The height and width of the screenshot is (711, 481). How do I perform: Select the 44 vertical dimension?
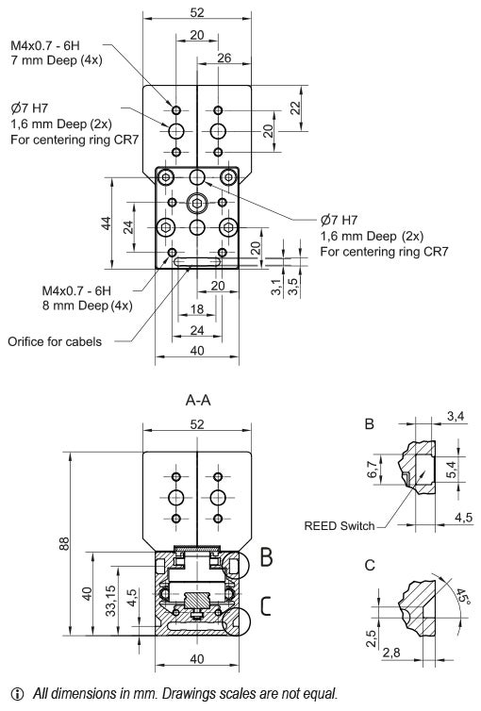tap(108, 223)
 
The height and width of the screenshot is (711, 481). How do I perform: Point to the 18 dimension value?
tap(196, 308)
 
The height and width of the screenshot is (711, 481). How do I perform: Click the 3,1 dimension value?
tap(274, 288)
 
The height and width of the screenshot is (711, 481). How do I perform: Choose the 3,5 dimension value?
tap(293, 288)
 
